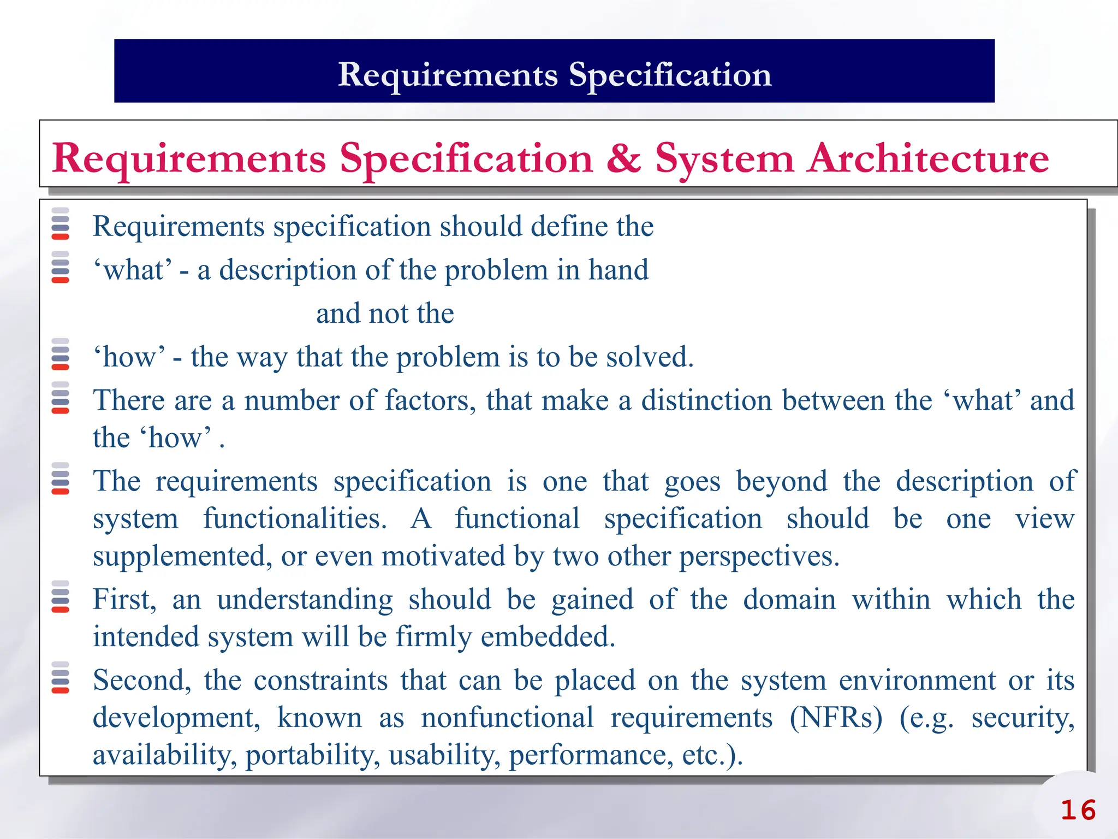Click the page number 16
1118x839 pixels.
[1078, 810]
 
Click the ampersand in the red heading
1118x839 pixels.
[623, 158]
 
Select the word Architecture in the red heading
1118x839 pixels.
[928, 158]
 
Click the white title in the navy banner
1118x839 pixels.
[554, 74]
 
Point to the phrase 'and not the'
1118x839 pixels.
[385, 314]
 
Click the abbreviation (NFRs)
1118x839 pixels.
[836, 717]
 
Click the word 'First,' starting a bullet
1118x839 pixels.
[124, 600]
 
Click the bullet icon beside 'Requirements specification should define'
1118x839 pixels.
[60, 223]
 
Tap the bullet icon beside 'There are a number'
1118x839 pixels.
[60, 398]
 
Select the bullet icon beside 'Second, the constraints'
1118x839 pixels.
[60, 677]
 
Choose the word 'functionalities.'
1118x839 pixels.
[295, 518]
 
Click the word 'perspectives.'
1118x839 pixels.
[759, 557]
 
